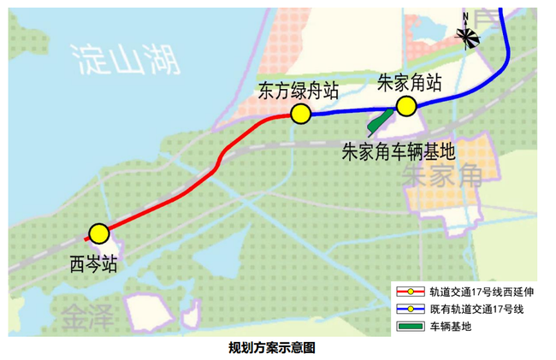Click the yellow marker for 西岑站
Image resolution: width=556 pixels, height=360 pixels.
(99, 233)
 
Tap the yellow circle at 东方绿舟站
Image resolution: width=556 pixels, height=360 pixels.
(301, 114)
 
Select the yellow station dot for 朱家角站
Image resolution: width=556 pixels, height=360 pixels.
(406, 106)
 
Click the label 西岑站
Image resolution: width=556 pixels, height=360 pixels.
(93, 264)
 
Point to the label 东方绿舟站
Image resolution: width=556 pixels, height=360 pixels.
(298, 91)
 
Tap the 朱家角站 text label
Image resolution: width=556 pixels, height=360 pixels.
(409, 83)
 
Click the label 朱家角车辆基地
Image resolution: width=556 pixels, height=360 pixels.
(399, 151)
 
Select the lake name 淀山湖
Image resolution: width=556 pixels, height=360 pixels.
(126, 60)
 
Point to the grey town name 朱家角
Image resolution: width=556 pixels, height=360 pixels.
(442, 175)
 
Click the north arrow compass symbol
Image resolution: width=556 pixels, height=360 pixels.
(467, 37)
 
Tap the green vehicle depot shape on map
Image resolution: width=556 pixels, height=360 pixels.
(380, 122)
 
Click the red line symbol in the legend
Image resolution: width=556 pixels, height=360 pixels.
(411, 292)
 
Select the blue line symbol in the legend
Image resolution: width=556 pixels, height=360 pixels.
(411, 309)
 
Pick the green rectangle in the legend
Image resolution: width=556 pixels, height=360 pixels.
(411, 326)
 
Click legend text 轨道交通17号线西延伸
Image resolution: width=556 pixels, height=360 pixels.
(482, 292)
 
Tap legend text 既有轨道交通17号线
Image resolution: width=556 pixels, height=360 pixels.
(477, 309)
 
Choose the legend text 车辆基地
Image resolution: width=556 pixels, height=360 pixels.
(451, 326)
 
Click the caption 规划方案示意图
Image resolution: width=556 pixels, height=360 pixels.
(272, 347)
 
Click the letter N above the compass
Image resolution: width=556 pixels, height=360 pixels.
(465, 16)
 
